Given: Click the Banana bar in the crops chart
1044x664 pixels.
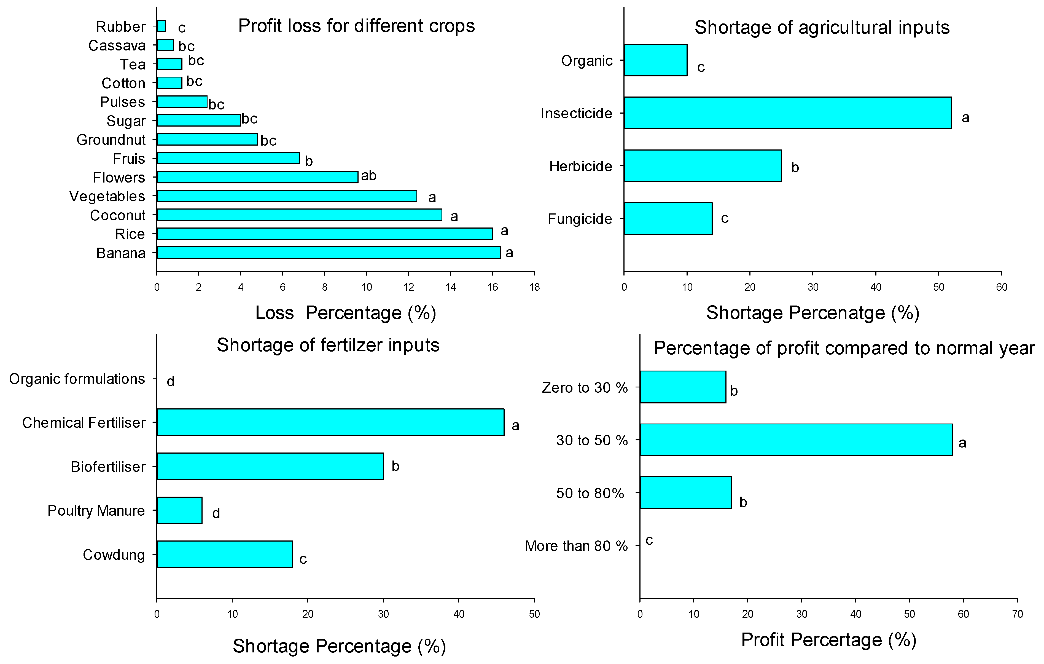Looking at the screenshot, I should (x=328, y=252).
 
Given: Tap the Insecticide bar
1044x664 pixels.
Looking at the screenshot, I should (x=787, y=113).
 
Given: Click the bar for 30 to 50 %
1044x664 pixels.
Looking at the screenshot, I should (x=796, y=440).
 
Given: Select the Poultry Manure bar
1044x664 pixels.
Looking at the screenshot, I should (x=179, y=510).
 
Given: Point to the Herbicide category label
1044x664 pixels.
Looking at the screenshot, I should (x=580, y=166).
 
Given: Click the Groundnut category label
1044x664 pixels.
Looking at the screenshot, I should (x=111, y=140).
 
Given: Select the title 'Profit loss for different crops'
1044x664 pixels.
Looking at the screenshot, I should (x=356, y=26).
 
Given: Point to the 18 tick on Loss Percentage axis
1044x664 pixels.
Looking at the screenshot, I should (x=534, y=287).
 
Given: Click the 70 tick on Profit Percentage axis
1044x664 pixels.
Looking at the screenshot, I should (x=1017, y=614).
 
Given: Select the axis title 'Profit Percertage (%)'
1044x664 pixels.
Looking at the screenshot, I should (x=828, y=640).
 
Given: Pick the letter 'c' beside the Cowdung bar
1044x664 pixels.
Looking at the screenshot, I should (x=303, y=559).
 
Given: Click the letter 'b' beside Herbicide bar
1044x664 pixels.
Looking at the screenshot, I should (x=795, y=167).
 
